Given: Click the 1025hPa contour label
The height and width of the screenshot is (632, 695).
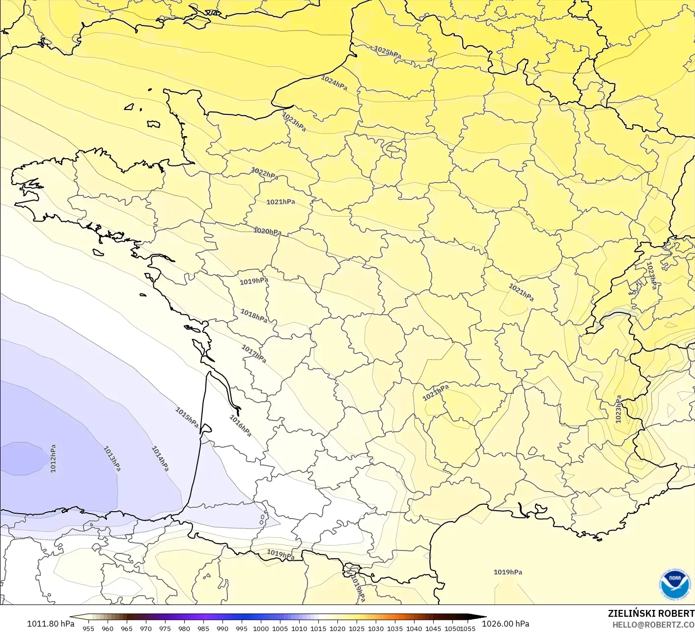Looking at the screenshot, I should click(388, 52).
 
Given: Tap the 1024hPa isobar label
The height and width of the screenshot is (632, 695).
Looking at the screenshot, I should click(334, 82).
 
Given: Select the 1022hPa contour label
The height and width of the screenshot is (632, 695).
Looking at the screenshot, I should click(264, 173).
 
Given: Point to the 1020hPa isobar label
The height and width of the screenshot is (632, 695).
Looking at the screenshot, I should click(267, 231).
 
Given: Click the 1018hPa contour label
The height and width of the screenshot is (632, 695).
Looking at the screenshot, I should click(254, 316).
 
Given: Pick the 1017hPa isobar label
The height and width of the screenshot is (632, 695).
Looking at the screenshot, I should click(253, 354).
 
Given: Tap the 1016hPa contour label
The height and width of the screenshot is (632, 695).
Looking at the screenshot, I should click(241, 426).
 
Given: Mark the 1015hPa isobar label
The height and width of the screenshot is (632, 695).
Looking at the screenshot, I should click(187, 417).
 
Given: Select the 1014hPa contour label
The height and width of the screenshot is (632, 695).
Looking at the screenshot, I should click(160, 458).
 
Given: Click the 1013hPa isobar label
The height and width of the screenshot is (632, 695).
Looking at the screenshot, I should click(112, 459).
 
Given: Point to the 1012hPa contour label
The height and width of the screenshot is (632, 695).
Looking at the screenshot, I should click(53, 459).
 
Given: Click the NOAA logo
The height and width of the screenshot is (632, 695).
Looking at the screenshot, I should click(674, 584).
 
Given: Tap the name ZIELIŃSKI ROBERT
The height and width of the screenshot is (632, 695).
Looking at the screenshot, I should click(651, 613).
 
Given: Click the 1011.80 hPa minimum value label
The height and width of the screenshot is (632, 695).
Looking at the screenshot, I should click(51, 624).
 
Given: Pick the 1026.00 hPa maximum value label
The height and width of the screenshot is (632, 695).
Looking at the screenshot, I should click(505, 624).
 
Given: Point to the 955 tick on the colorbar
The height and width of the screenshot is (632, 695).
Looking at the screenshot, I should click(88, 628).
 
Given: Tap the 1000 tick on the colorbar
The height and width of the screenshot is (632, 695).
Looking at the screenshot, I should click(261, 628).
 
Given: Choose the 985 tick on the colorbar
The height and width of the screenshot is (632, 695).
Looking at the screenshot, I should click(203, 628).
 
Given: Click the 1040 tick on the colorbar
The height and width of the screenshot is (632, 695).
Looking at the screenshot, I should click(414, 628).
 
